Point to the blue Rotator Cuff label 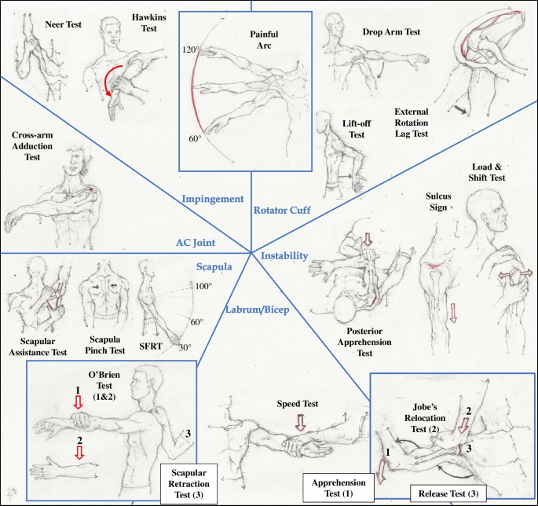281,211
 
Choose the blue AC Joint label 195,243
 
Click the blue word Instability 286,255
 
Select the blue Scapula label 212,266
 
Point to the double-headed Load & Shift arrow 514,277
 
